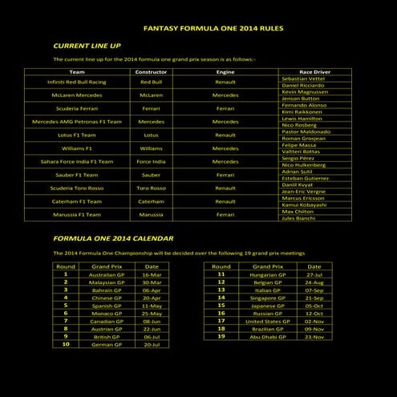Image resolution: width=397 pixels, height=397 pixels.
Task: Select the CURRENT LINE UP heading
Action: coord(87,46)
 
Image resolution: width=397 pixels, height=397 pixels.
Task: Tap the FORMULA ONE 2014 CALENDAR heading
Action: coord(113,238)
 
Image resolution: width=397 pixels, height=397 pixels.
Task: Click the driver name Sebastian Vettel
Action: coord(302,79)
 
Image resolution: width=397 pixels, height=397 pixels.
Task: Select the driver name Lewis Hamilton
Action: coord(302,118)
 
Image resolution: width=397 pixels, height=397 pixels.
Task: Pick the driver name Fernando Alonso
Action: coord(304,105)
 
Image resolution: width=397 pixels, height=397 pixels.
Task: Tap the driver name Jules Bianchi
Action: coord(298,217)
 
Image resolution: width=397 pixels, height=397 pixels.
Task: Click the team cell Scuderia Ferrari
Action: coord(77,108)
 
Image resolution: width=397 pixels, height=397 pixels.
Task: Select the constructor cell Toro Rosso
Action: coord(151,188)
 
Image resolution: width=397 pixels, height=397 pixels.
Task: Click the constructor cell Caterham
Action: coord(151,201)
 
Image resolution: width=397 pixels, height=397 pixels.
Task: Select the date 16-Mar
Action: coord(152,274)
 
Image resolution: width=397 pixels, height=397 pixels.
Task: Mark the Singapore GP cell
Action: coord(267,298)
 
